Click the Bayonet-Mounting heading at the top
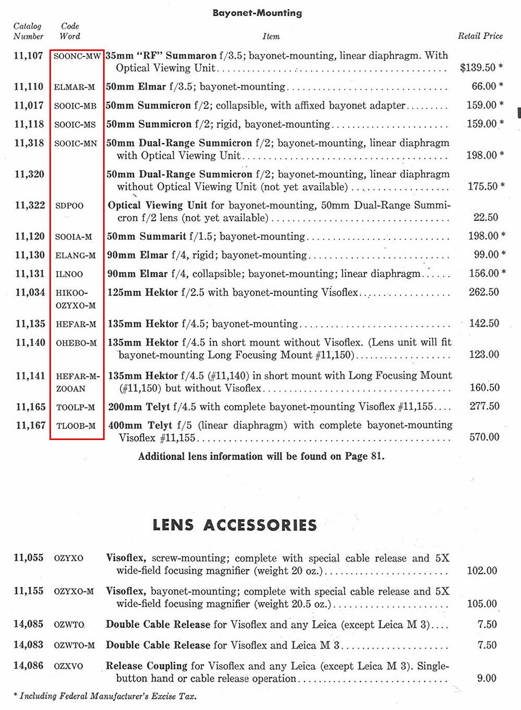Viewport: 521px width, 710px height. coord(257,13)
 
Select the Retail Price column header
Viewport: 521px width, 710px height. coord(480,36)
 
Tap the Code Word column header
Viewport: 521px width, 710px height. coord(70,31)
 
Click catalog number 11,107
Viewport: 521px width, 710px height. coord(29,55)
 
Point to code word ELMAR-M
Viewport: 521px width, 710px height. coord(74,87)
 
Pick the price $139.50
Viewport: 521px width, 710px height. coord(478,68)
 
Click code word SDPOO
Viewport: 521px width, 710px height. coord(69,206)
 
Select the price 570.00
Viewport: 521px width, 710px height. coord(484,437)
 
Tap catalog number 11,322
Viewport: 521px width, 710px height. coord(30,205)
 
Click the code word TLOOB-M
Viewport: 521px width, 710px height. coord(76,426)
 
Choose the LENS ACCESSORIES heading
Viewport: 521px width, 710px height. coord(235,525)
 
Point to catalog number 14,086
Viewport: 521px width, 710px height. coord(29,666)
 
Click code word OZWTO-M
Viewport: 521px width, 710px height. coord(74,646)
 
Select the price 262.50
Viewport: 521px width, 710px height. coord(484,292)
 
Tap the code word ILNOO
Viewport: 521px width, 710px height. coord(69,274)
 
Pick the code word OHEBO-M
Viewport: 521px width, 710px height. coord(77,343)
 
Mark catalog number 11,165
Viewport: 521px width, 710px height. coord(30,407)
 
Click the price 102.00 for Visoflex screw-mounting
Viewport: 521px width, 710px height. coord(482,571)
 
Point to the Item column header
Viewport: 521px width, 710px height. coord(271,36)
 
